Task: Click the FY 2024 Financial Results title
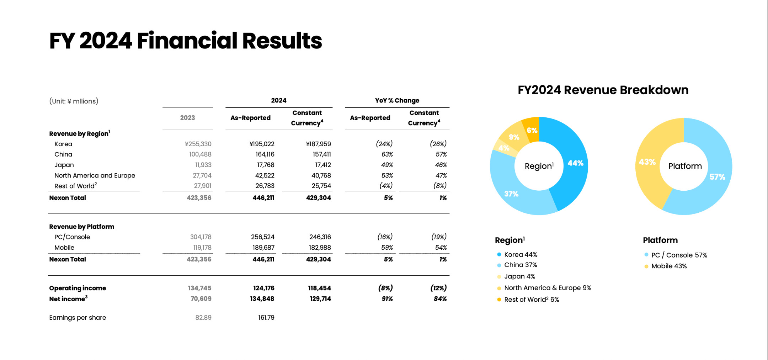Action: pos(185,41)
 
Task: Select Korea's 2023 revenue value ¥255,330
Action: pos(198,144)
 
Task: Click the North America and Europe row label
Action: pos(95,175)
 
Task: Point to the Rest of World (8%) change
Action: pos(440,186)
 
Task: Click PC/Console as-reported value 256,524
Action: pos(262,237)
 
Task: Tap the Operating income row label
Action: pos(78,288)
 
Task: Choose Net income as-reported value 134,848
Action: pos(262,299)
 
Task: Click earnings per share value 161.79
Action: pos(266,318)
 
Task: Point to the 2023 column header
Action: pos(187,118)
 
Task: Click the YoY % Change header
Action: pos(397,101)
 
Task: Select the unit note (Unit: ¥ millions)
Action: pos(74,101)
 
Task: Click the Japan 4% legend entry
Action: pos(519,276)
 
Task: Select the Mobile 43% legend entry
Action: pos(668,266)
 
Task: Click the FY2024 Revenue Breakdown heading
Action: pos(603,90)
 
